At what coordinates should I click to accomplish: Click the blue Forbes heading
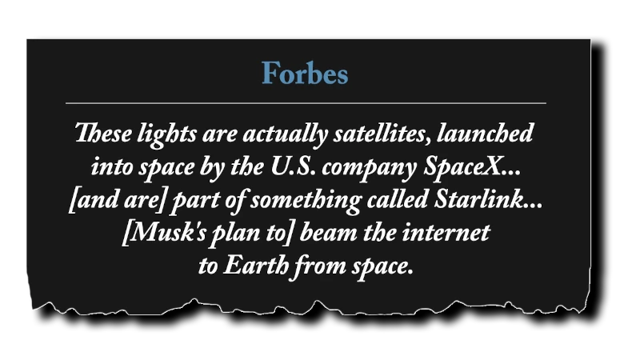click(305, 74)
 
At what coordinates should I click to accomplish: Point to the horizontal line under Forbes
click(305, 103)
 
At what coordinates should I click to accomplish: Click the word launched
click(488, 134)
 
